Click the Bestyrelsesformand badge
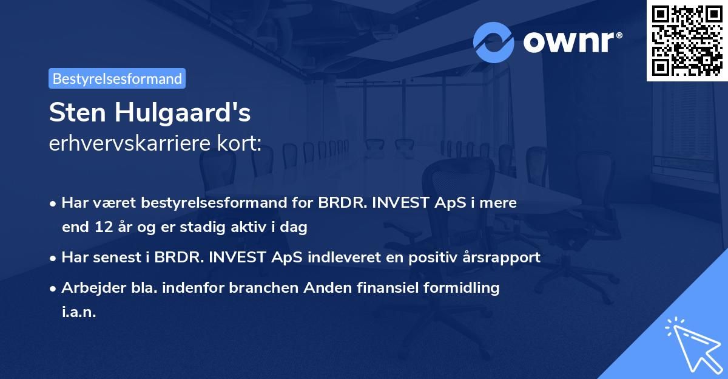[117, 78]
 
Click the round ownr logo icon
[494, 42]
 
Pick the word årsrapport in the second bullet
[504, 257]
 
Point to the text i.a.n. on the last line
[79, 312]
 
